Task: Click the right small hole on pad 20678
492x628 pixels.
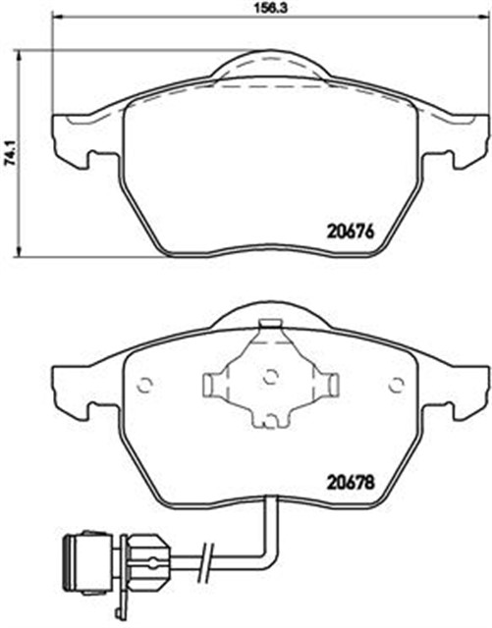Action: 398,384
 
